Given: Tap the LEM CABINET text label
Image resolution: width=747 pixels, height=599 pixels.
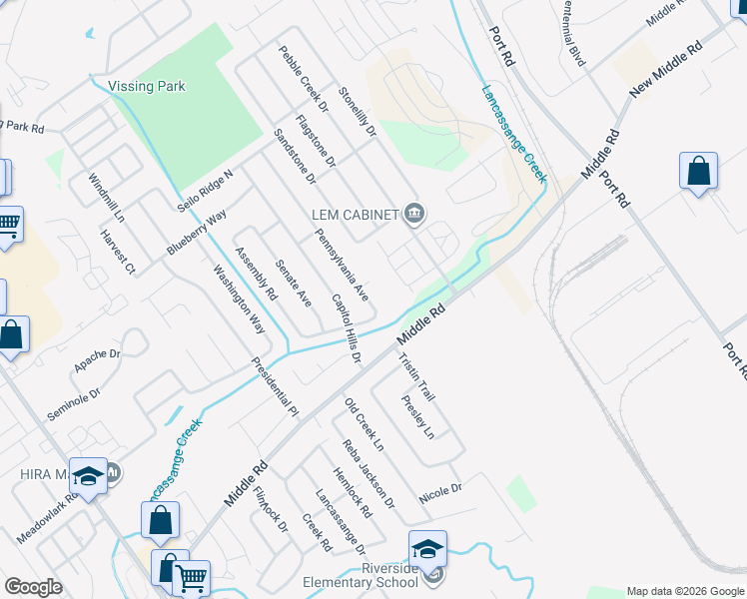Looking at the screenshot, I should pyautogui.click(x=355, y=214).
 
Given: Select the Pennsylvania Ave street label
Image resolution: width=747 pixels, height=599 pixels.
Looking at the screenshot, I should pyautogui.click(x=343, y=266).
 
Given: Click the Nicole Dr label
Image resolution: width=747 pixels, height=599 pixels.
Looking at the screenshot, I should pyautogui.click(x=440, y=490).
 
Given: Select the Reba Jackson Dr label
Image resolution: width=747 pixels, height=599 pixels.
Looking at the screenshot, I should pyautogui.click(x=369, y=473).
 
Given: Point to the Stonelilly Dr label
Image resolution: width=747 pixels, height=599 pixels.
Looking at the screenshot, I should pyautogui.click(x=357, y=109).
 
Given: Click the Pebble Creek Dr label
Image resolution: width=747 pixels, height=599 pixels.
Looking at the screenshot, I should pyautogui.click(x=304, y=77).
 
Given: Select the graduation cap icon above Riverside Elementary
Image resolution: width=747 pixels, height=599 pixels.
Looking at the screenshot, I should pyautogui.click(x=427, y=548).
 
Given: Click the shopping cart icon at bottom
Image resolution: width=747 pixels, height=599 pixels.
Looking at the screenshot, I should pyautogui.click(x=192, y=577).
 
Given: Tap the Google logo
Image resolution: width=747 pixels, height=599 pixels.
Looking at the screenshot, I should pyautogui.click(x=33, y=587).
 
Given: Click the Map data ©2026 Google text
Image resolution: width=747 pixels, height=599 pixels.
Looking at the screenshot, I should pyautogui.click(x=685, y=591).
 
